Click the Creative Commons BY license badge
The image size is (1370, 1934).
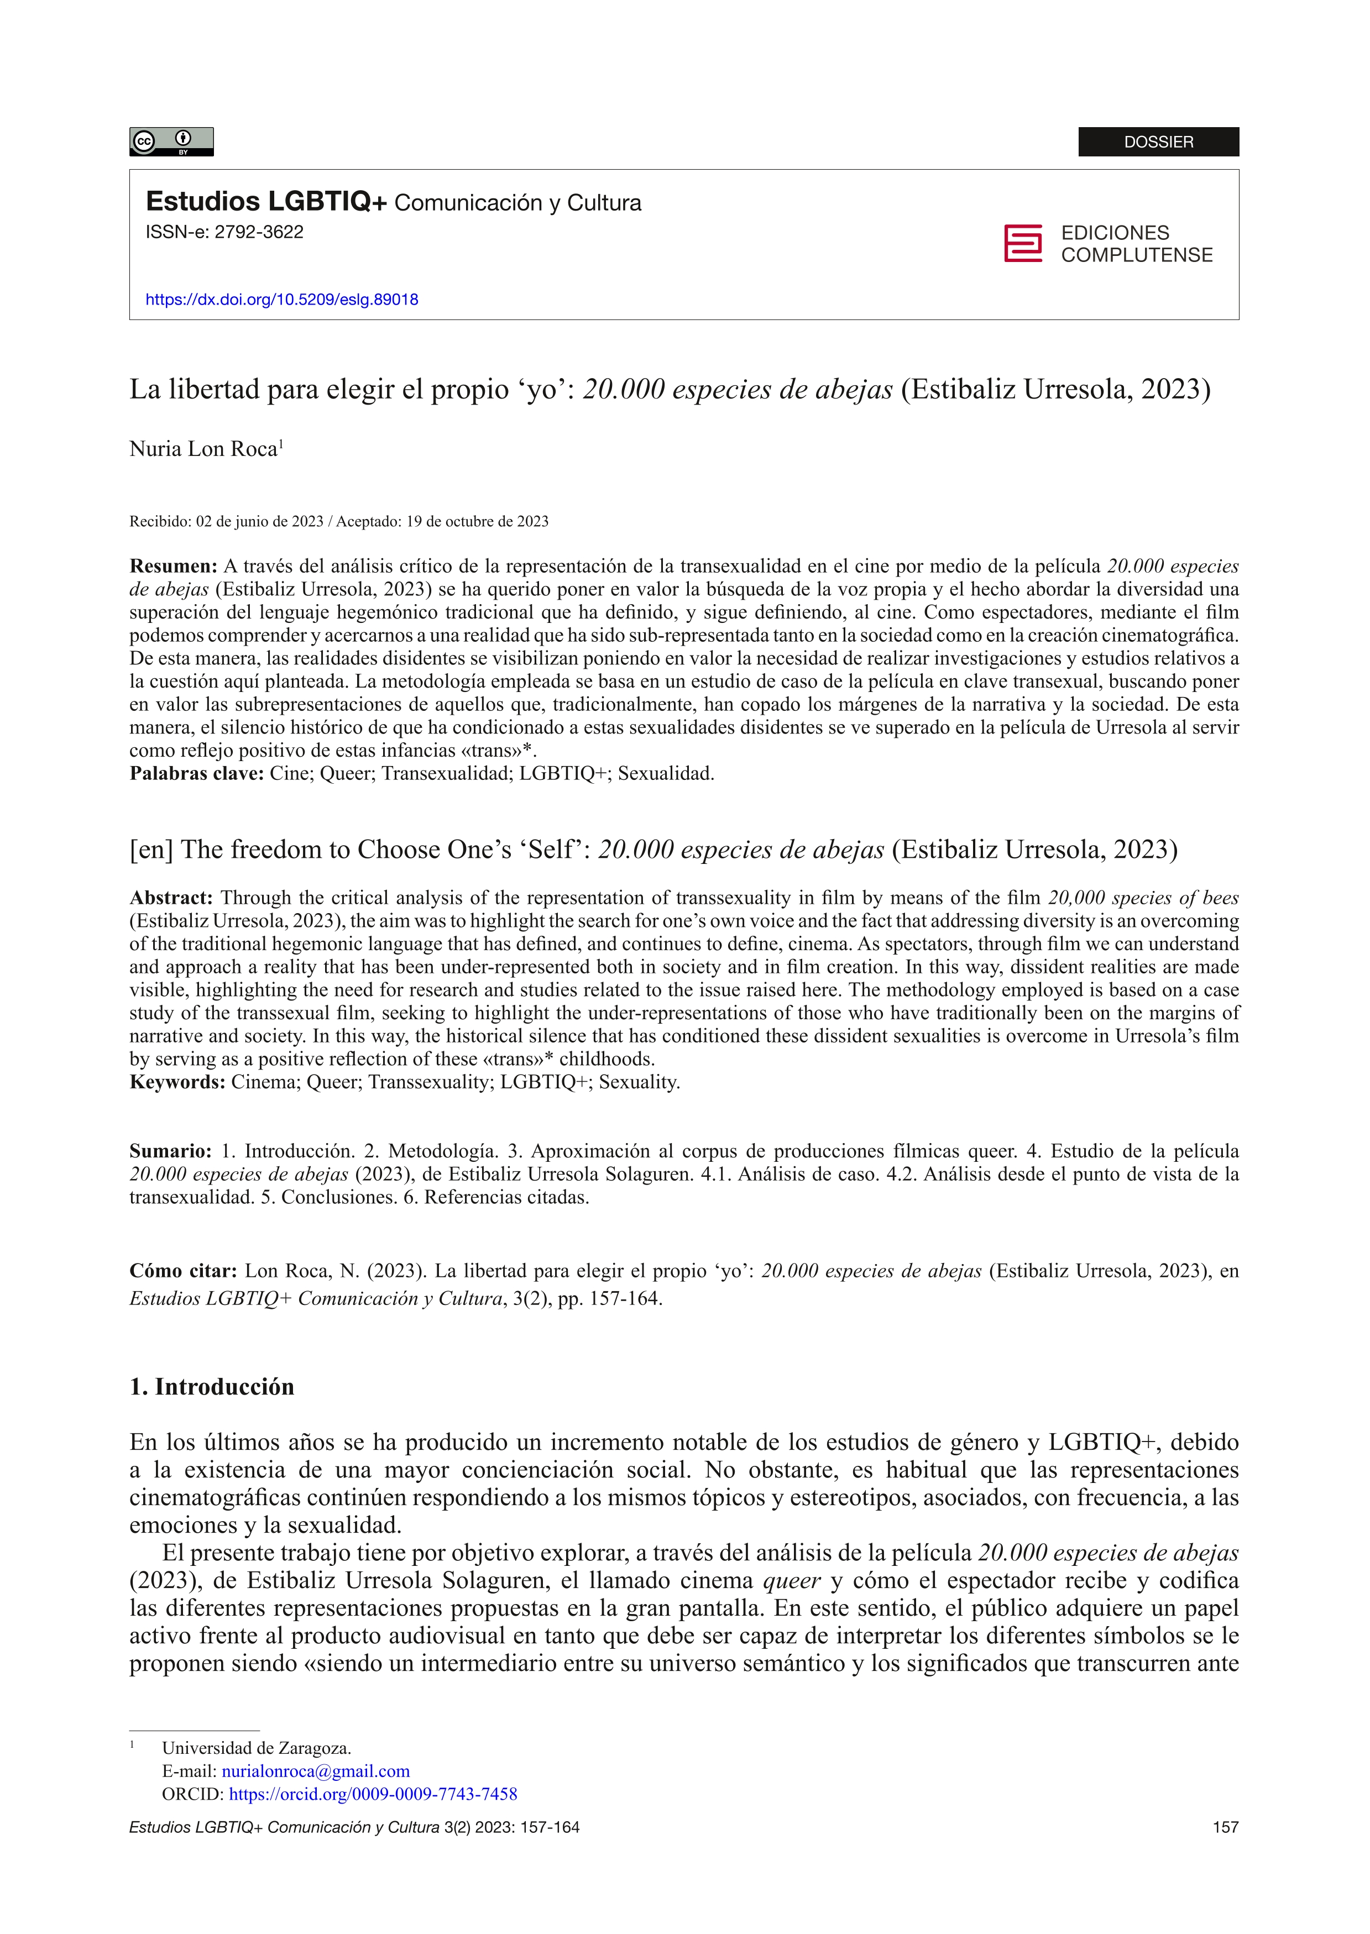point(171,141)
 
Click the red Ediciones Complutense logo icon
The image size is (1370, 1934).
point(1022,244)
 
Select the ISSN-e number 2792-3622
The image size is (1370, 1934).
point(258,233)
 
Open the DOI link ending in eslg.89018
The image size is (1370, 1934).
point(282,300)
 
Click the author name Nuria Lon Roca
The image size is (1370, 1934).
point(203,449)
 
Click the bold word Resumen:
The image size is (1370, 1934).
point(173,566)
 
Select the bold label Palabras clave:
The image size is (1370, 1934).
point(197,773)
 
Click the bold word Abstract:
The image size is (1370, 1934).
point(170,898)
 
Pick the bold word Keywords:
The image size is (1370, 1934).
point(176,1082)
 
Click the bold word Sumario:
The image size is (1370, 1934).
point(170,1151)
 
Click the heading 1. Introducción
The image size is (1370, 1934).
point(212,1387)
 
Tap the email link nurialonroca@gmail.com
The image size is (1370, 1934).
point(316,1771)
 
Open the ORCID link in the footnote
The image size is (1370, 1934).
point(373,1794)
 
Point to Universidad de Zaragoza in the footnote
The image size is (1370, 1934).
point(257,1748)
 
